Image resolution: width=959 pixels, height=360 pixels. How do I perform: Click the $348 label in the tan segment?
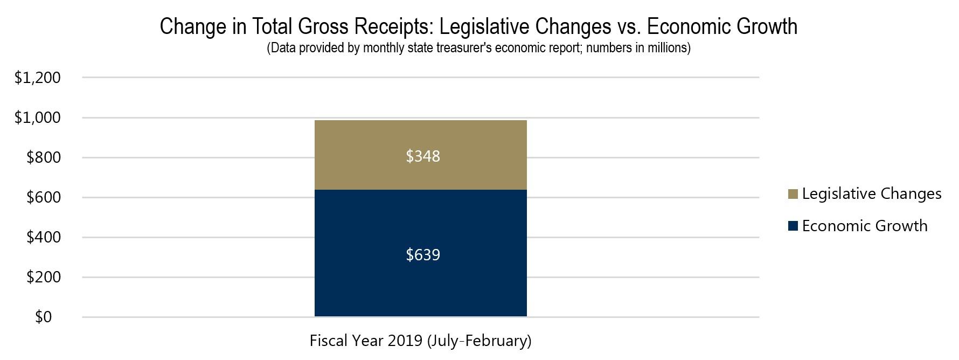pos(423,156)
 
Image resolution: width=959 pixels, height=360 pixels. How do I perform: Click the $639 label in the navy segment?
pos(423,254)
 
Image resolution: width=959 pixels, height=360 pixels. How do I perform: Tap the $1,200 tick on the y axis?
pos(37,78)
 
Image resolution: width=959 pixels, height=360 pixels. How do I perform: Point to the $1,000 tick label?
pos(37,118)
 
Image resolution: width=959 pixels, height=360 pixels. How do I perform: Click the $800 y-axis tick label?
pos(43,158)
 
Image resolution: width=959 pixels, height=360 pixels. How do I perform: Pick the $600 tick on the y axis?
pos(43,198)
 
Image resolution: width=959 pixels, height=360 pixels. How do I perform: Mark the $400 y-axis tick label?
pos(43,238)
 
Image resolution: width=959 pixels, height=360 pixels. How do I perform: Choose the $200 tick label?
pos(43,278)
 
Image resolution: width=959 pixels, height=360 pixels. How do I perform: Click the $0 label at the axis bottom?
pos(43,317)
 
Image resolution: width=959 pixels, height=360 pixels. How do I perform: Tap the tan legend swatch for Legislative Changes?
pos(792,194)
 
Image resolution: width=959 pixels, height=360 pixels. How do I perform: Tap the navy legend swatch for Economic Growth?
pos(792,226)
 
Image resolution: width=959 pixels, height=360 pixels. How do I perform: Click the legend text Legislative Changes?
pos(871,194)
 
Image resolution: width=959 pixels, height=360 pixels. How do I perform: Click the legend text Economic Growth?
pos(864,226)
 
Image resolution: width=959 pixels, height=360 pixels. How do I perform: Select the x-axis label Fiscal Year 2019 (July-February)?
pos(420,341)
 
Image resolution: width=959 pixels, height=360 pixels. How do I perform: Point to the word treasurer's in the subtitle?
pos(463,48)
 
